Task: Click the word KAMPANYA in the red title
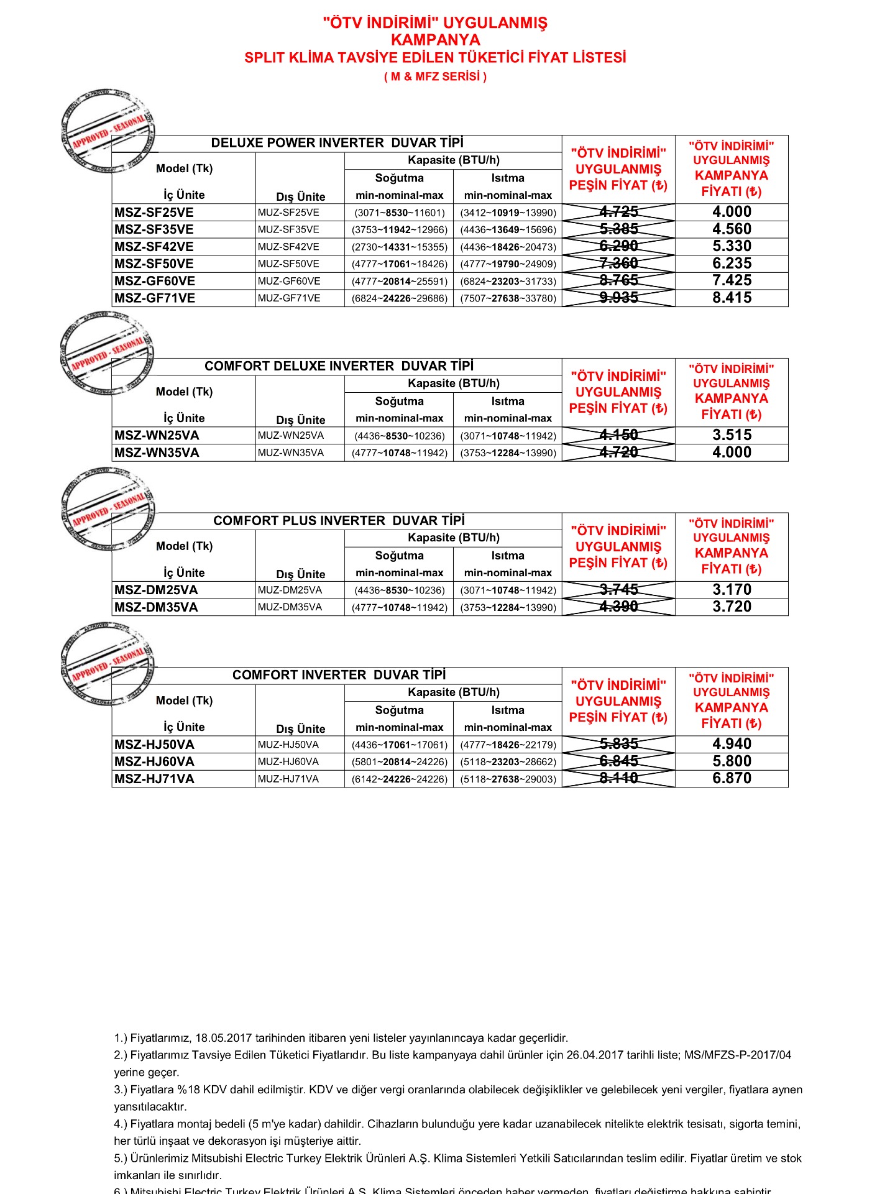click(x=435, y=40)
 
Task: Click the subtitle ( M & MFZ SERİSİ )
click(x=435, y=76)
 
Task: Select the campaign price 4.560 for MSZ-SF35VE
click(x=732, y=229)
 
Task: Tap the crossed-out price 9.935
click(x=618, y=298)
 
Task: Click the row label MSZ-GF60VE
click(x=155, y=281)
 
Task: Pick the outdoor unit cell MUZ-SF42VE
click(x=288, y=247)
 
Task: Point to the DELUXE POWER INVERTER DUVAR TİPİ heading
click(x=337, y=143)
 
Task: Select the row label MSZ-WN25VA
click(x=157, y=435)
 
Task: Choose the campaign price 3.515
click(x=732, y=435)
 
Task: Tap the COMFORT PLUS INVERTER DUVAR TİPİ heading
click(x=339, y=521)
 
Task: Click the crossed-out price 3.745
click(x=618, y=590)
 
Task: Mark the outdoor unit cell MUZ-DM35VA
click(x=290, y=607)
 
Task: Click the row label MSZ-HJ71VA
click(x=154, y=779)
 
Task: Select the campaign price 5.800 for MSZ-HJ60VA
click(x=732, y=761)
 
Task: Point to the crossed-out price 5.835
click(x=618, y=744)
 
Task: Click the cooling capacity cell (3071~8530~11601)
click(x=400, y=213)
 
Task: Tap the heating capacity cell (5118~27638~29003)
click(x=508, y=779)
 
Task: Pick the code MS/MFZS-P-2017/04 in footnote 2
click(x=738, y=1055)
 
